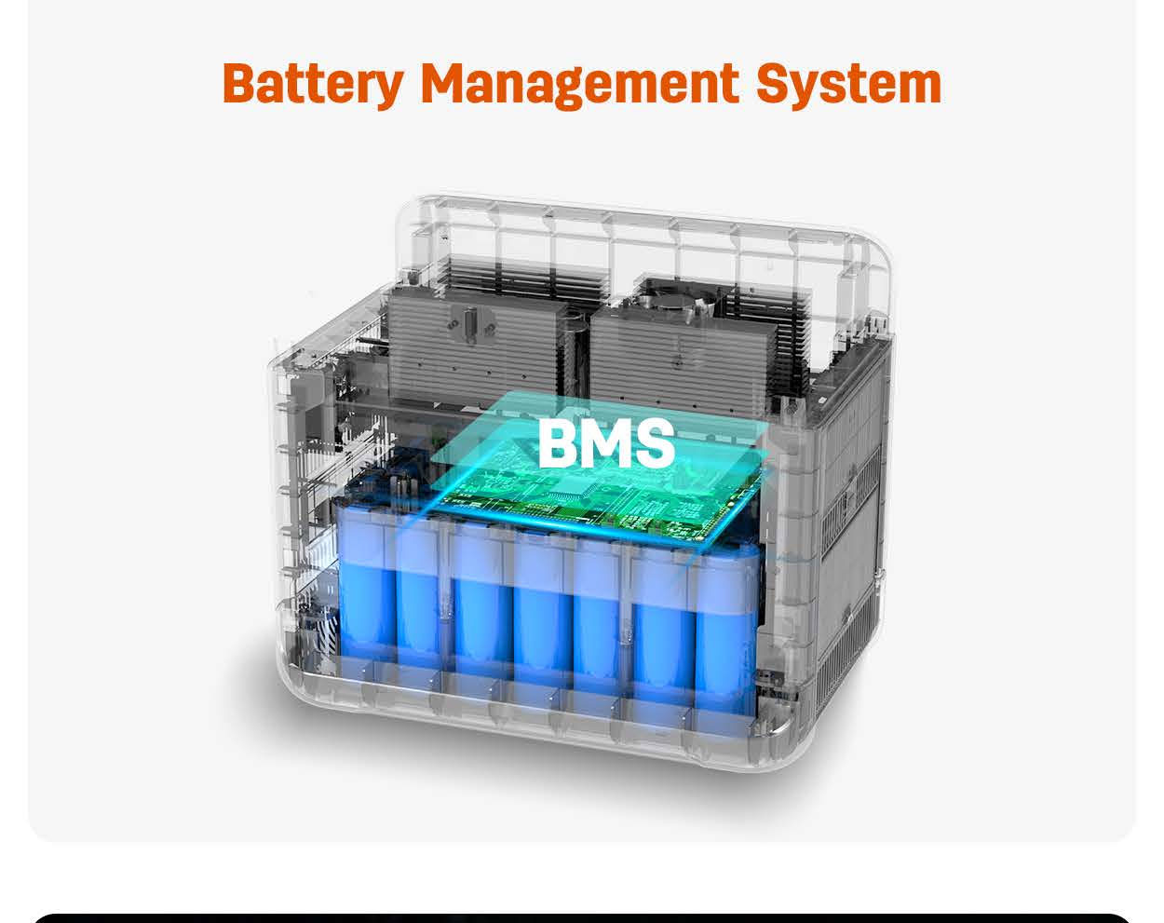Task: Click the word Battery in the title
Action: pos(313,83)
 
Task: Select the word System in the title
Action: pos(848,83)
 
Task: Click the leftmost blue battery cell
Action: pos(365,582)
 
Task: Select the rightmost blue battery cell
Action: pos(726,624)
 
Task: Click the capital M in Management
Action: pos(442,83)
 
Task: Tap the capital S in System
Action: pos(774,83)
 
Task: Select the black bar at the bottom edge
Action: pos(582,917)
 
